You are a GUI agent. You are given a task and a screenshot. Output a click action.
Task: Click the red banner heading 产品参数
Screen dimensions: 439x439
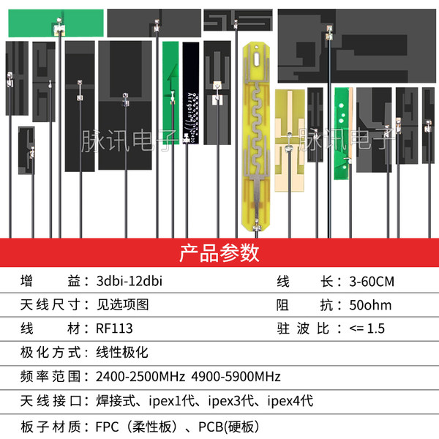tap(219, 253)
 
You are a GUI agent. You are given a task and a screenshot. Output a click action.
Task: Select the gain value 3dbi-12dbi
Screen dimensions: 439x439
tap(130, 281)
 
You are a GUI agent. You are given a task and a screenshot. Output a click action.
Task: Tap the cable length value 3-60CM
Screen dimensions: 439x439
tap(372, 282)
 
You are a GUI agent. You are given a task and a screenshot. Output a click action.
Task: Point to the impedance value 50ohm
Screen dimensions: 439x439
tap(370, 305)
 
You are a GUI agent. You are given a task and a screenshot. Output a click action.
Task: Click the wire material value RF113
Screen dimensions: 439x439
tap(114, 329)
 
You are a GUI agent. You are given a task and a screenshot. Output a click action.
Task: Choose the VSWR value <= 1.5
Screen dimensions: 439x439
tap(367, 329)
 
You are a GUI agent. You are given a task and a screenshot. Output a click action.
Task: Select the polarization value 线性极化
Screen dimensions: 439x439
tap(122, 352)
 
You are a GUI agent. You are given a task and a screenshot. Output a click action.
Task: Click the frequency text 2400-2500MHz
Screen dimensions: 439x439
tap(140, 377)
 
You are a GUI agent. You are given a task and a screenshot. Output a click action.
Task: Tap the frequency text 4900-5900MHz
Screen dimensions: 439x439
tap(236, 377)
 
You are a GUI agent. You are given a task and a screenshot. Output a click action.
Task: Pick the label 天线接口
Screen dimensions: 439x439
tap(51, 401)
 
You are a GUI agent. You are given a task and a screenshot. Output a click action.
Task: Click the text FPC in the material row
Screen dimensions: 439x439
tap(108, 427)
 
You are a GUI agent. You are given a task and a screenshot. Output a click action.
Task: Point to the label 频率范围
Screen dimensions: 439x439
tap(50, 377)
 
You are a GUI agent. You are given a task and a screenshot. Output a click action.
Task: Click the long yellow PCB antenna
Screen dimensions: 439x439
tap(256, 137)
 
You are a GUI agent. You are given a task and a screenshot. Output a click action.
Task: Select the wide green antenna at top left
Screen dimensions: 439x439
tap(56, 23)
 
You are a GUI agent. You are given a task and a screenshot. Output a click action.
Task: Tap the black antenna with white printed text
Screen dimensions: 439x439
tap(191, 93)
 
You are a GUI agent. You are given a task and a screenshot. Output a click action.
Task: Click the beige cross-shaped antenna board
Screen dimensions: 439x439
tap(290, 140)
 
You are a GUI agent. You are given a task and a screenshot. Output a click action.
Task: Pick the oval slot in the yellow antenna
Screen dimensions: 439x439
tap(257, 59)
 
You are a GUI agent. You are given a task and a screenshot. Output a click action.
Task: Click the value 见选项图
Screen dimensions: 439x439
tap(122, 305)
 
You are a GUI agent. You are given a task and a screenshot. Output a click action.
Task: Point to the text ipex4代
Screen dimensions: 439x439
tap(290, 401)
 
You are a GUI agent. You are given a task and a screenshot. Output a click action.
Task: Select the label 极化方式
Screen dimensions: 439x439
tap(50, 352)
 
